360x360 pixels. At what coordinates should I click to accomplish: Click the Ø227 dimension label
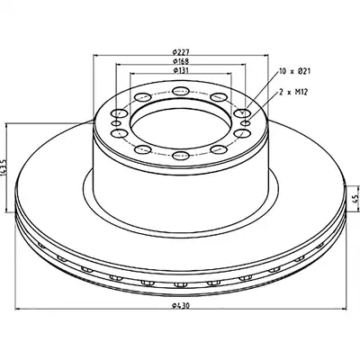click(x=181, y=51)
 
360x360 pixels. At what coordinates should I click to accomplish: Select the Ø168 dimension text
click(x=181, y=61)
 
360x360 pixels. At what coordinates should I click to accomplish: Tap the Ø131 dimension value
click(x=181, y=70)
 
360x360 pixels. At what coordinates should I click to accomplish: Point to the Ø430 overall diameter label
click(x=181, y=306)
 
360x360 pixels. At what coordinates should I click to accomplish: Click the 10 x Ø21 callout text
click(x=294, y=71)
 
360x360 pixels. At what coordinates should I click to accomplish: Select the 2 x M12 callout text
click(x=293, y=93)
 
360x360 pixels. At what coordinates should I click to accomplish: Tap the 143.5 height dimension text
click(x=4, y=168)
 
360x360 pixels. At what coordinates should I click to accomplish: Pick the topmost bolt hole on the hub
click(x=181, y=90)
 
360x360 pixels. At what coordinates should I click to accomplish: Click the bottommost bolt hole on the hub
click(x=181, y=155)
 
